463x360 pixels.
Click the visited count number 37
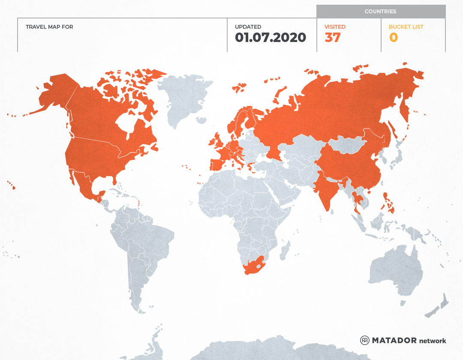pos(333,38)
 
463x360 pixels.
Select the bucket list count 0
pos(394,38)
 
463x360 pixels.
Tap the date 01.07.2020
pos(271,38)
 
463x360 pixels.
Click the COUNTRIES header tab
pos(380,12)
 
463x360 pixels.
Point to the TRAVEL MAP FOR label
pos(49,27)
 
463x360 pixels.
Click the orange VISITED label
pos(335,27)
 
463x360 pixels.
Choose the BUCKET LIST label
pos(406,27)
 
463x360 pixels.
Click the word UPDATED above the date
pos(248,27)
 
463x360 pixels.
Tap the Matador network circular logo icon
pos(365,340)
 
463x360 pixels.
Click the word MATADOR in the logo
pos(394,340)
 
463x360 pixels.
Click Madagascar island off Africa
pos(284,251)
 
